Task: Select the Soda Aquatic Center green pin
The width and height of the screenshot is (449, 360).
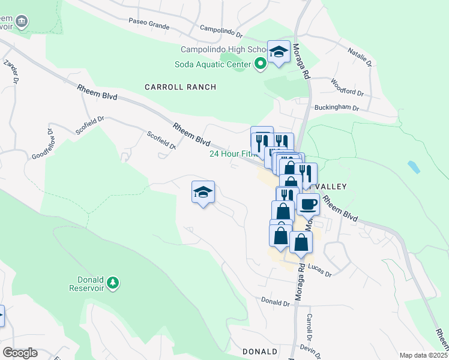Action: (261, 64)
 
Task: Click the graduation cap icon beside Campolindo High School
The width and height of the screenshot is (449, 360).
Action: (279, 52)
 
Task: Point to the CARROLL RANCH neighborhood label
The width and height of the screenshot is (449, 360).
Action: (180, 87)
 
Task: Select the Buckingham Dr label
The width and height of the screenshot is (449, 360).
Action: (337, 109)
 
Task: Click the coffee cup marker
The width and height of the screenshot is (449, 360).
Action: (308, 204)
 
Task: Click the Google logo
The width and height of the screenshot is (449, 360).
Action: (20, 353)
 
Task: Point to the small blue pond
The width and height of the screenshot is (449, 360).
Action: (413, 167)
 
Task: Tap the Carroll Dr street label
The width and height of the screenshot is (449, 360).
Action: (310, 325)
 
